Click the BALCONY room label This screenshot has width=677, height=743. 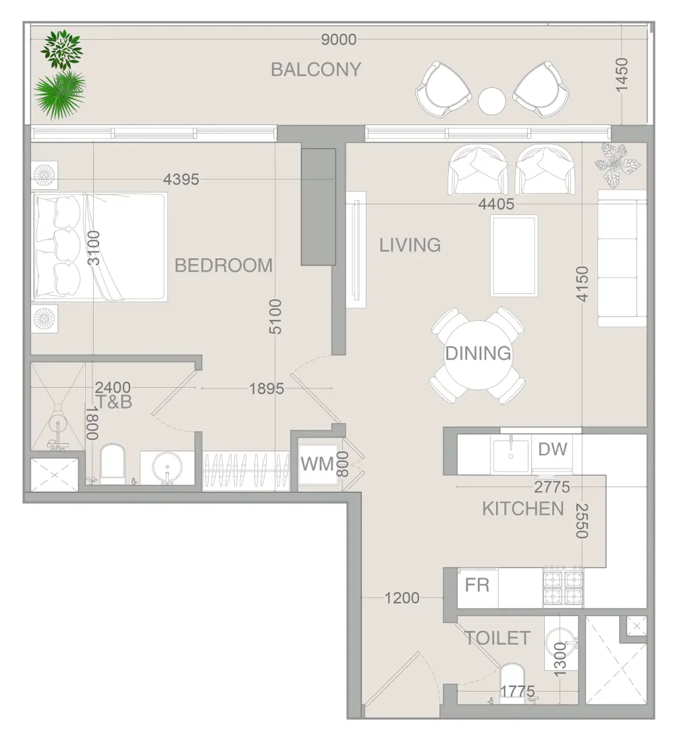coord(316,70)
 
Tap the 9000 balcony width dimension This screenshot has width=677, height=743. coord(339,40)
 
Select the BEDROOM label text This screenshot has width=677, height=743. coord(223,265)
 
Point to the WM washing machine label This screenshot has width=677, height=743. coord(317,464)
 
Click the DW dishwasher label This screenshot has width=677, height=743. coord(553,449)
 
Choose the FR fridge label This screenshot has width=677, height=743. coord(477,585)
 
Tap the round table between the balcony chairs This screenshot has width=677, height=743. coord(492,101)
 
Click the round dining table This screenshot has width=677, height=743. coord(478,355)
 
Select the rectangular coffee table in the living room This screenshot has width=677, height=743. coord(514,255)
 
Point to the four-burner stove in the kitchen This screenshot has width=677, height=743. coord(563,587)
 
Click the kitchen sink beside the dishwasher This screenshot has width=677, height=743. coord(511,455)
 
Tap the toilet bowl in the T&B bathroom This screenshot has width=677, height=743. coord(112,463)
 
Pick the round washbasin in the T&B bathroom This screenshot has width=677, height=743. coord(167,467)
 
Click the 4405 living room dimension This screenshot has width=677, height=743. coord(495,204)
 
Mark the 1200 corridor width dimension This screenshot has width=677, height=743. coord(402,598)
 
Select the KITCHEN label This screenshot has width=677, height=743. coord(522,509)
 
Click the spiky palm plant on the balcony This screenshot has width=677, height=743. coord(60,95)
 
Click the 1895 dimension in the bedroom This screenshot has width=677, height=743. coord(267,389)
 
